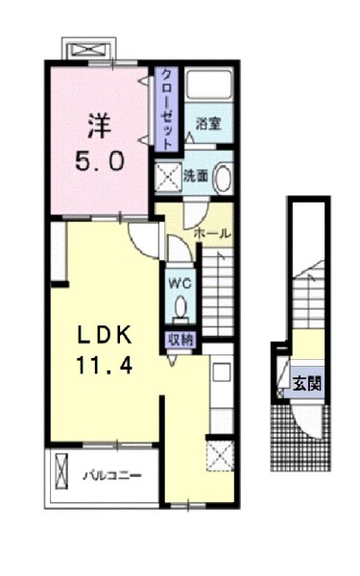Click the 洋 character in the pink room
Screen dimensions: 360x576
click(x=100, y=126)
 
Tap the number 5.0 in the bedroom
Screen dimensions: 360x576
click(x=100, y=161)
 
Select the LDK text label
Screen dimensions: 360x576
click(x=105, y=335)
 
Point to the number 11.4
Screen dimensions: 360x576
click(x=105, y=366)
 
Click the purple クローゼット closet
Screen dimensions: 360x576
click(x=166, y=108)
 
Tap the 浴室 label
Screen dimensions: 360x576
click(x=208, y=124)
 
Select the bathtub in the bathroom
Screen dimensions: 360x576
click(x=208, y=84)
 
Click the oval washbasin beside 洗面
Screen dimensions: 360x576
click(x=223, y=179)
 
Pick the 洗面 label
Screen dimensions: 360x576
click(x=196, y=177)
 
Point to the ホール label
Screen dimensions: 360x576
click(x=212, y=233)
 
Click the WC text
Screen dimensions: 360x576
click(x=180, y=283)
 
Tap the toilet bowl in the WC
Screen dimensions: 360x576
click(x=180, y=307)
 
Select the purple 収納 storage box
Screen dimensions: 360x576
click(x=180, y=340)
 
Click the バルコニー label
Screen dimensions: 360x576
click(x=111, y=476)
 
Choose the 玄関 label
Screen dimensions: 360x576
click(x=307, y=384)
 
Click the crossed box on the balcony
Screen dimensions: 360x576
click(x=62, y=471)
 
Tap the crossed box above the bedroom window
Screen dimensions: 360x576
click(x=90, y=50)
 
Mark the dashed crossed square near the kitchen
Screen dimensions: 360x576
click(x=220, y=456)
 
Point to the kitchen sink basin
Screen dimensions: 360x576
click(x=222, y=372)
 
